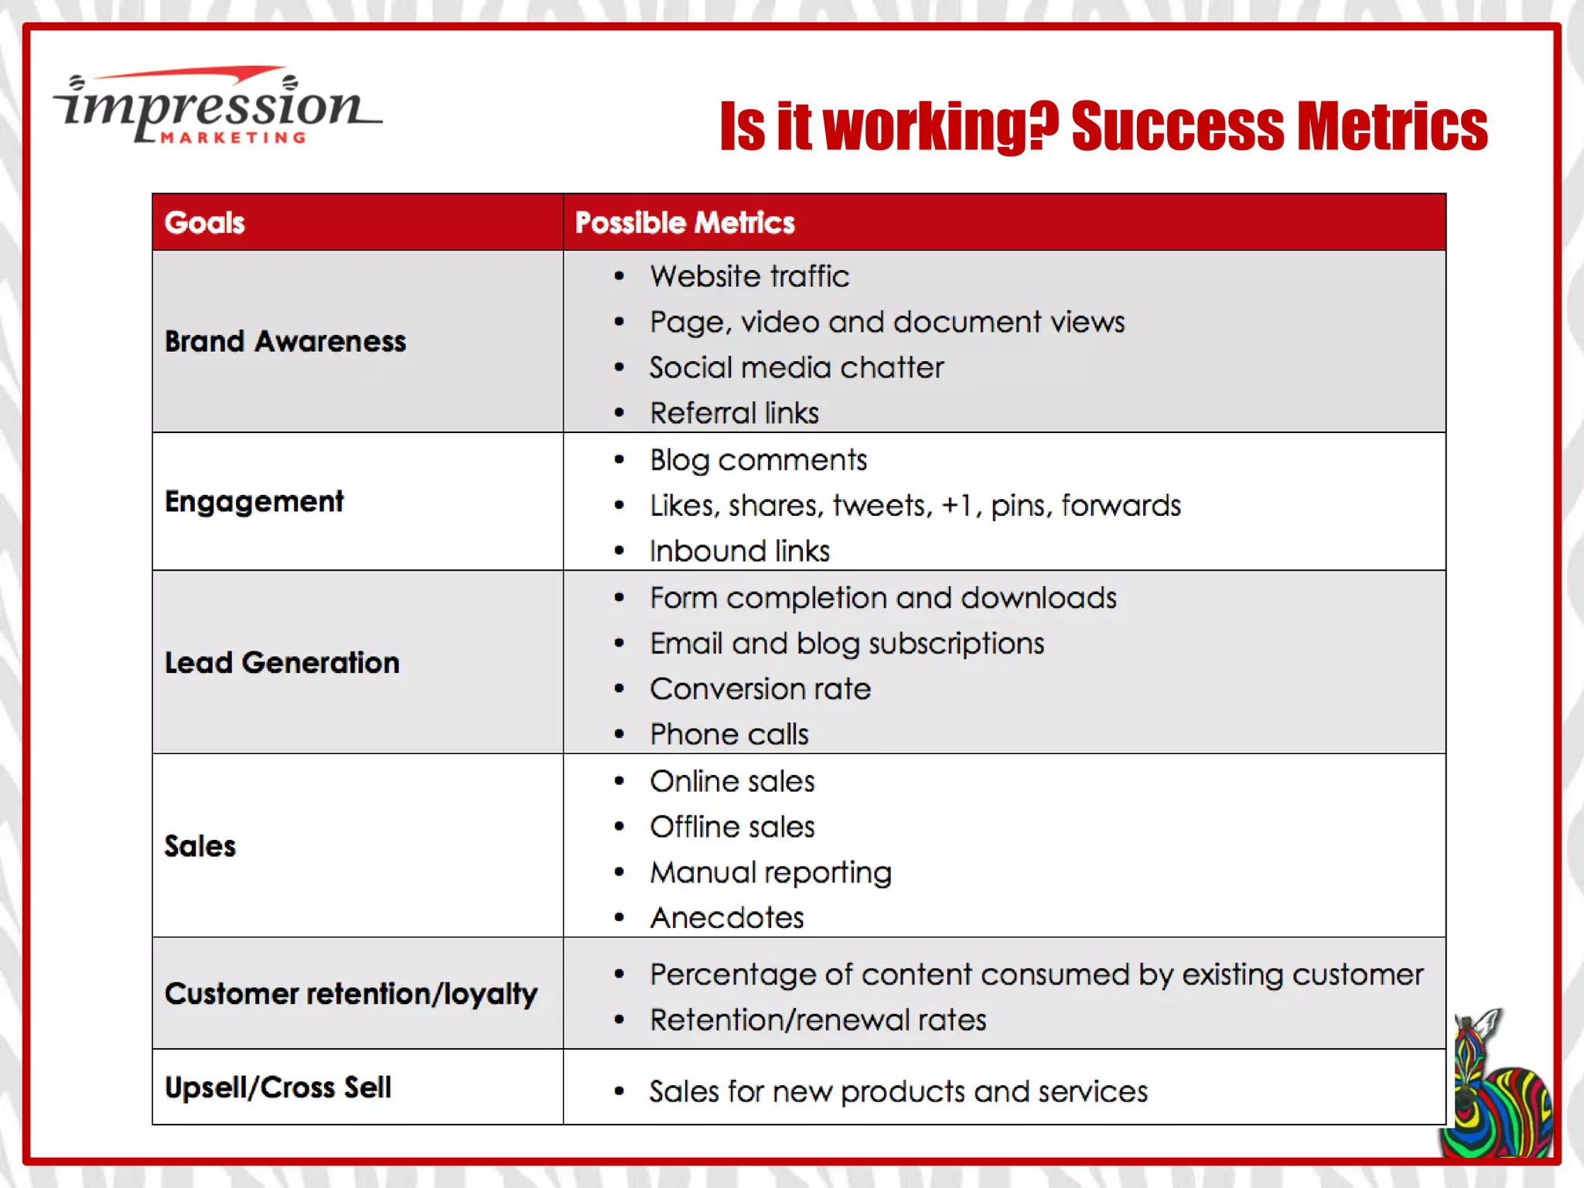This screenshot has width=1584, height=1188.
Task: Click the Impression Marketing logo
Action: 217,107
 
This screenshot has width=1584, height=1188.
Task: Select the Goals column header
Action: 205,223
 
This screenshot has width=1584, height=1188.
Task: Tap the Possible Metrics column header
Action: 684,223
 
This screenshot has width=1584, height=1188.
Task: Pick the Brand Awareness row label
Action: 285,341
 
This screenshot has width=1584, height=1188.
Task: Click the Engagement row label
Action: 254,501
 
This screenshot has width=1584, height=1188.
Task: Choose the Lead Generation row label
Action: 282,663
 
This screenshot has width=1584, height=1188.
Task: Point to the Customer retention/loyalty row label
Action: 351,994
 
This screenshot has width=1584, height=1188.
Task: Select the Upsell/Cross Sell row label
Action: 278,1087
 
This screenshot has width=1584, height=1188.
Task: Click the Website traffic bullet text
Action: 749,276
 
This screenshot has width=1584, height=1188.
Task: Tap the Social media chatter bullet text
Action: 797,367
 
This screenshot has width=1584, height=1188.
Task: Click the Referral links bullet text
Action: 734,413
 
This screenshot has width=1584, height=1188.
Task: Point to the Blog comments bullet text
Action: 758,460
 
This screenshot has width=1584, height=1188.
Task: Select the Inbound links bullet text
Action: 739,551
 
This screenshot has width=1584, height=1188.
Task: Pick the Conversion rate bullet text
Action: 760,688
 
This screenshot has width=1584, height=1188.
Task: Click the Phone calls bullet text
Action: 729,734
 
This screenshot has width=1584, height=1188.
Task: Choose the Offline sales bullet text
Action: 732,827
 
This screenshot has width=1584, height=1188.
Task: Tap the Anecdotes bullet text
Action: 727,918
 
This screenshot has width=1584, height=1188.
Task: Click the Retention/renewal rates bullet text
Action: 818,1020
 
